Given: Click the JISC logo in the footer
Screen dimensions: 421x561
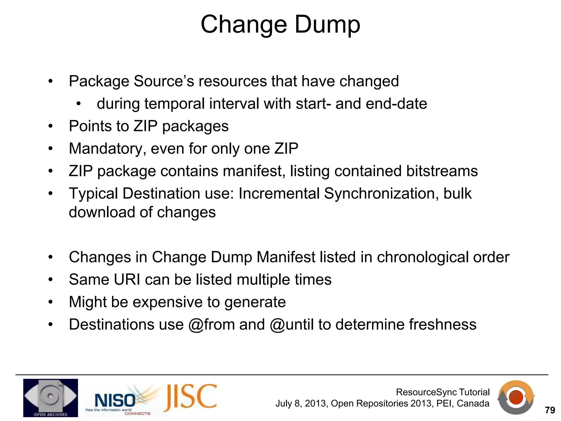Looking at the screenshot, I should [191, 398].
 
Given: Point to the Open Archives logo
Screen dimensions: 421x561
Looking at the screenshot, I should [50, 398].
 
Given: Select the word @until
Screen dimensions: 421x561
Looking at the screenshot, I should [291, 325].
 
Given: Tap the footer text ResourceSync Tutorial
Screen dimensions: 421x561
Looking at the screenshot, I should [443, 392].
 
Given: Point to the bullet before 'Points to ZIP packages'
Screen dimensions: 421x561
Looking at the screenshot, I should [50, 126].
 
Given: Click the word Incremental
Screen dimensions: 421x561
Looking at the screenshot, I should [279, 194].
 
